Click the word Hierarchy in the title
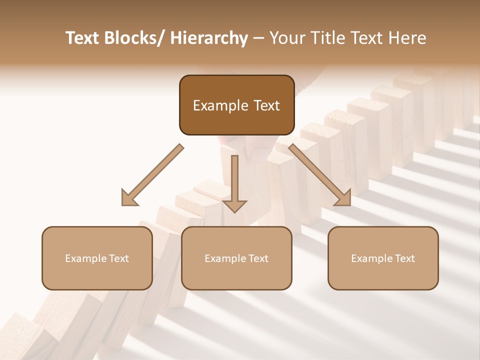pyautogui.click(x=209, y=38)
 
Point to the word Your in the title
pyautogui.click(x=286, y=38)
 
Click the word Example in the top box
pyautogui.click(x=220, y=105)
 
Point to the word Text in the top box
pyautogui.click(x=266, y=105)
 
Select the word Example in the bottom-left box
pyautogui.click(x=85, y=258)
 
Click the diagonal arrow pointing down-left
pyautogui.click(x=152, y=175)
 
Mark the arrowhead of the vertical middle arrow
pyautogui.click(x=234, y=206)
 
